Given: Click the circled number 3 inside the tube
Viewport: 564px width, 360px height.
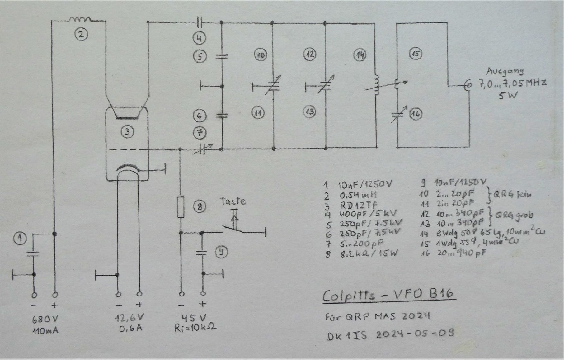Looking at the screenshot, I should click(x=127, y=132).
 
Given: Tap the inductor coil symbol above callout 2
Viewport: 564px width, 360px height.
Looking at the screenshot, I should click(x=80, y=20).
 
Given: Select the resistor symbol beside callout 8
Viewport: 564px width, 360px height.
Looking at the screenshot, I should click(x=181, y=207).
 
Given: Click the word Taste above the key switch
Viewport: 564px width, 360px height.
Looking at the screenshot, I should click(x=233, y=201).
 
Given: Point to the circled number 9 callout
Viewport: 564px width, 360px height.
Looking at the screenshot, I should click(x=221, y=252).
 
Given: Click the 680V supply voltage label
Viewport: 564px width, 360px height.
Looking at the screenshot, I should click(x=45, y=319).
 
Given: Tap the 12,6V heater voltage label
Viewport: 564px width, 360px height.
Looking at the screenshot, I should click(x=130, y=318).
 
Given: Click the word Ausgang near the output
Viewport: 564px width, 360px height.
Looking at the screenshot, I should click(x=505, y=72).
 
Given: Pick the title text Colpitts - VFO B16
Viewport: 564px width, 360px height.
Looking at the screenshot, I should click(x=388, y=295).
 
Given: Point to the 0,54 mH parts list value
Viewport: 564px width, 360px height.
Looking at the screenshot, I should click(x=357, y=195).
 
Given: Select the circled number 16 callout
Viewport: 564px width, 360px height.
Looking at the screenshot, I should click(x=416, y=114).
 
